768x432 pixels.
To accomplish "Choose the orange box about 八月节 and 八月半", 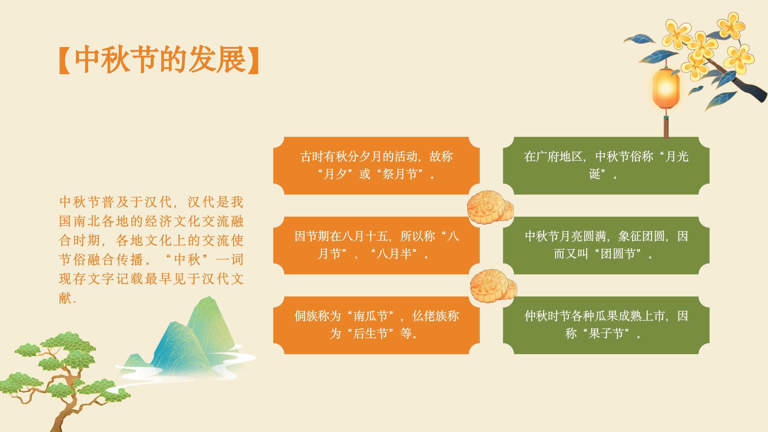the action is tap(376, 245).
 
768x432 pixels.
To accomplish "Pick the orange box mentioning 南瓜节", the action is tap(376, 325).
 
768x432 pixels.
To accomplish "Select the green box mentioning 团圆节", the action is tap(606, 245).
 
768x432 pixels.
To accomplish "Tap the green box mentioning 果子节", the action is tap(606, 325).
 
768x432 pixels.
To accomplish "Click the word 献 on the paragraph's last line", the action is tap(65, 298).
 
